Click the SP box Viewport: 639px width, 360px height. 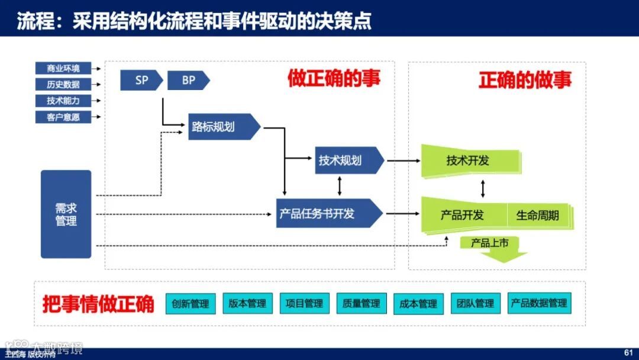point(141,80)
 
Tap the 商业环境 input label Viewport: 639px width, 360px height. point(63,67)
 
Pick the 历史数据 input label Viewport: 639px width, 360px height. point(63,84)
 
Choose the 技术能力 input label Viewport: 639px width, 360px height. point(63,101)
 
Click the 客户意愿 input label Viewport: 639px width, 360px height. point(63,117)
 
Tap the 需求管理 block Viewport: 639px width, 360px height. point(66,214)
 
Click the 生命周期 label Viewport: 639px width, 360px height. point(537,215)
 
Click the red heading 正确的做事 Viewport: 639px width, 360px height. point(525,80)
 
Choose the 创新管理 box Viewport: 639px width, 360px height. point(191,304)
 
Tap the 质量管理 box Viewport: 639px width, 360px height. point(362,304)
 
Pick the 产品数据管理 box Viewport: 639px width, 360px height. point(539,303)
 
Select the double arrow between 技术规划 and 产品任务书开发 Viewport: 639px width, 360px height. point(339,187)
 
